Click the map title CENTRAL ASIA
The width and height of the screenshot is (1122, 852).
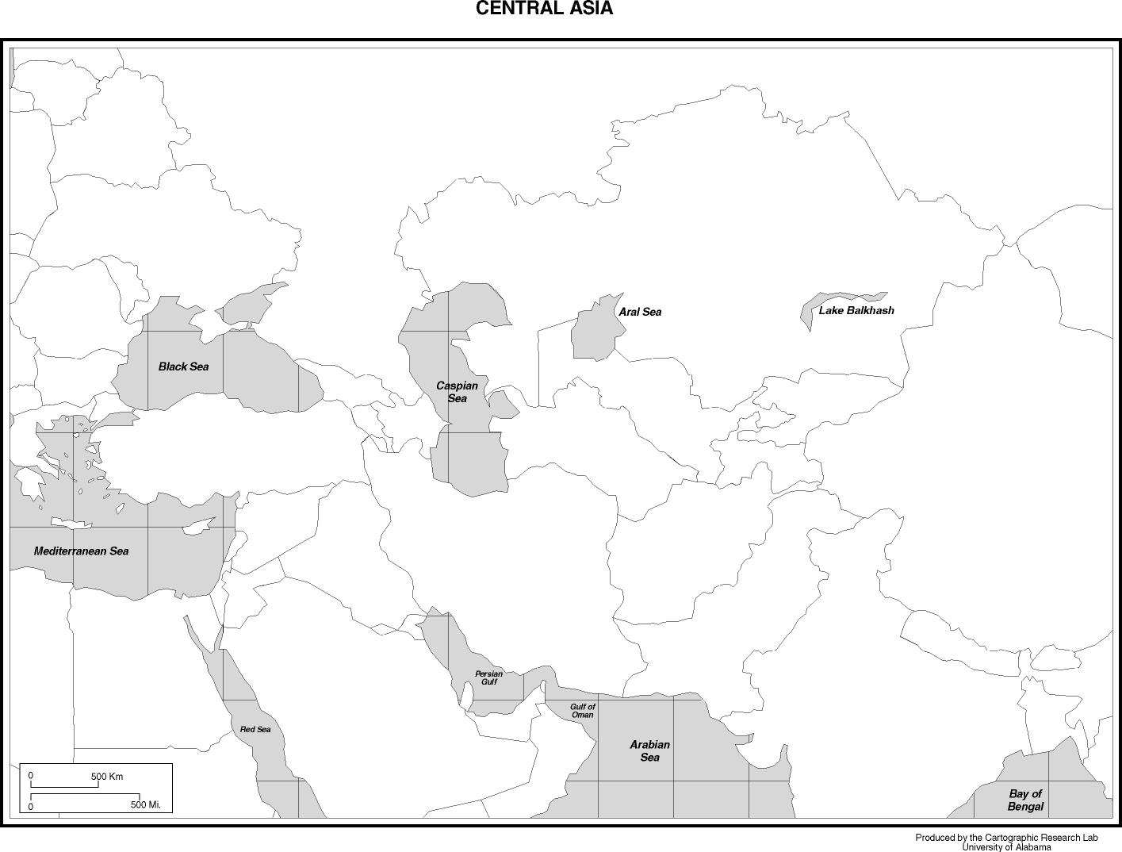pyautogui.click(x=544, y=9)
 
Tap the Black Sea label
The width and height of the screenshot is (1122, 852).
pyautogui.click(x=183, y=367)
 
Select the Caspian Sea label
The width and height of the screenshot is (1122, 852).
pyautogui.click(x=458, y=392)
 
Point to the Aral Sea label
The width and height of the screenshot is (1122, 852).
pyautogui.click(x=640, y=312)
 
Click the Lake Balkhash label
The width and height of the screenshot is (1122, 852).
pyautogui.click(x=856, y=310)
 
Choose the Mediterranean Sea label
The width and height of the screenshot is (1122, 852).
pyautogui.click(x=81, y=551)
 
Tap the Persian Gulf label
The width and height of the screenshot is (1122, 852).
pyautogui.click(x=488, y=677)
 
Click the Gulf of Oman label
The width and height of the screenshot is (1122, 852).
pyautogui.click(x=582, y=710)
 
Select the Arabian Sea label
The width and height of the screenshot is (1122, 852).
pyautogui.click(x=649, y=750)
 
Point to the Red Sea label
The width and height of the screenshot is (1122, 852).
pyautogui.click(x=255, y=729)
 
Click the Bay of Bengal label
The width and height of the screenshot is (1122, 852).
pyautogui.click(x=1025, y=800)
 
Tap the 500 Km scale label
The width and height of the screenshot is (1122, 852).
pyautogui.click(x=107, y=777)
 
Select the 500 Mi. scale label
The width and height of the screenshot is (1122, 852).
pyautogui.click(x=146, y=805)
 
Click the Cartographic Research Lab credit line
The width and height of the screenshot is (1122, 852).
pyautogui.click(x=1006, y=838)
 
